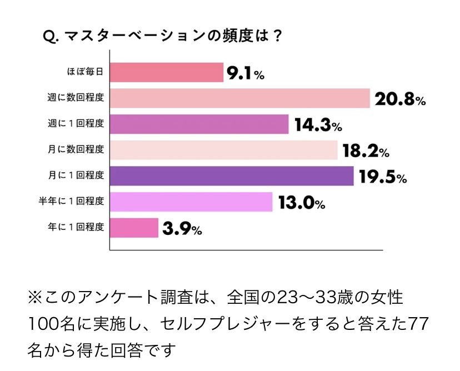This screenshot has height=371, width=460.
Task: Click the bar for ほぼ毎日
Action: click(167, 72)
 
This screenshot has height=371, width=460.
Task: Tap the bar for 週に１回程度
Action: click(199, 124)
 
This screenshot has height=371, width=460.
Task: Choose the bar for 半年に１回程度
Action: click(191, 202)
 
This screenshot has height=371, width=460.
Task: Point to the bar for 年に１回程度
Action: click(134, 227)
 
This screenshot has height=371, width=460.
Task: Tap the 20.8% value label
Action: click(399, 99)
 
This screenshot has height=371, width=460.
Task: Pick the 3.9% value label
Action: click(181, 228)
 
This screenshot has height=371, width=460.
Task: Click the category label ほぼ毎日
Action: click(85, 72)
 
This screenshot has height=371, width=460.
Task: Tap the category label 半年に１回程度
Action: click(69, 202)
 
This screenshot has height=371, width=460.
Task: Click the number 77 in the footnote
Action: click(422, 323)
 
